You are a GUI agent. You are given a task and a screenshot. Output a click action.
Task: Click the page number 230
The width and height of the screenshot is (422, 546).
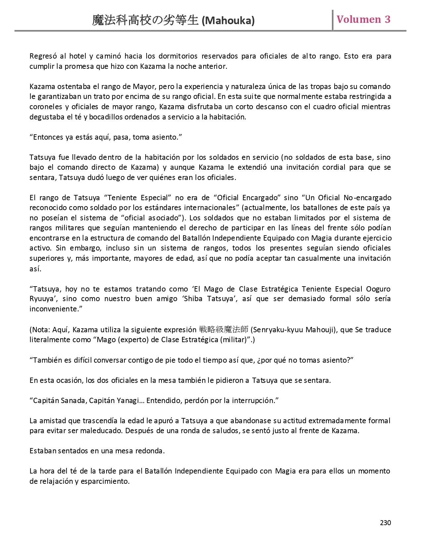(x=385, y=523)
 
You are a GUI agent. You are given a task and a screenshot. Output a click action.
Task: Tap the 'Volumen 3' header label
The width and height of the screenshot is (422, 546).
(x=363, y=19)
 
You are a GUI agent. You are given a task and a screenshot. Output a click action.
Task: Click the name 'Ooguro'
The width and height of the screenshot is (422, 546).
(x=378, y=289)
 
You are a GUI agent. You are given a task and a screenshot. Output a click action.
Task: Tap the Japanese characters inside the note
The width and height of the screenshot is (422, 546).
(x=223, y=330)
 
